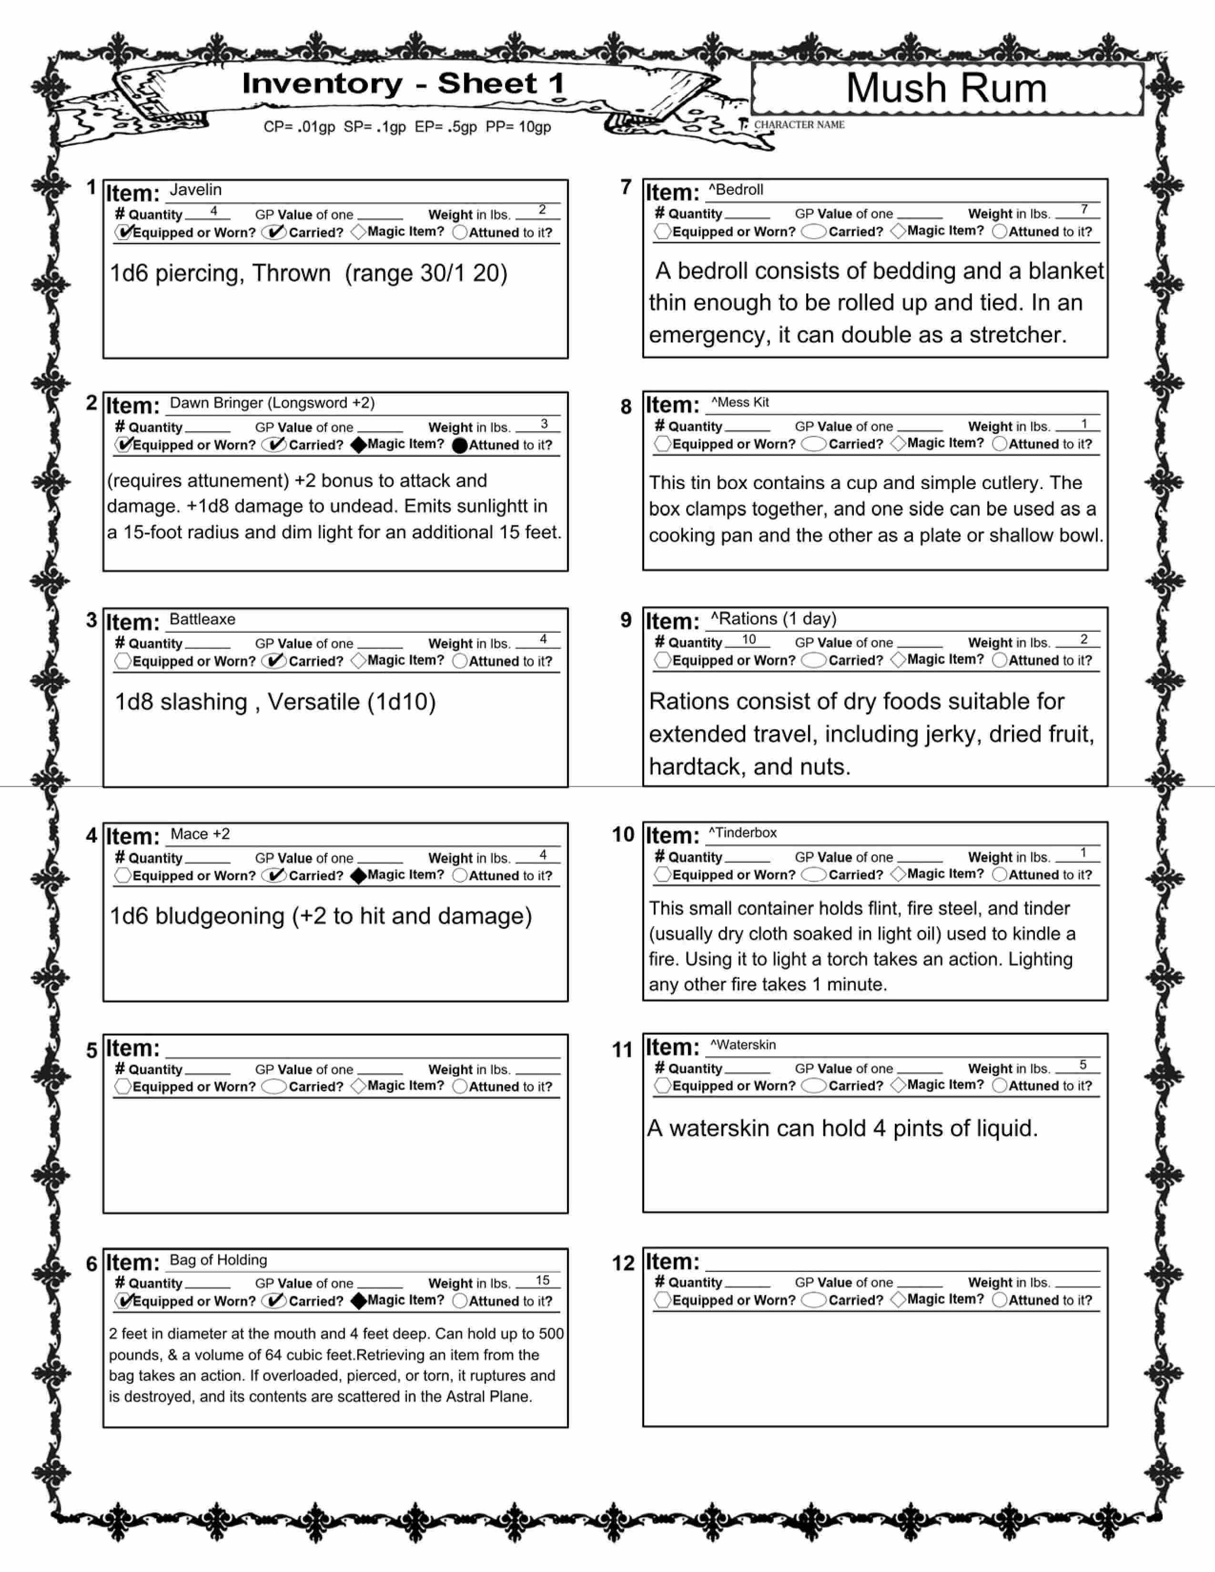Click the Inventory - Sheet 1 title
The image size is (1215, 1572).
point(403,83)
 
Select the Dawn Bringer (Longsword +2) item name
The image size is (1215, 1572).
point(272,403)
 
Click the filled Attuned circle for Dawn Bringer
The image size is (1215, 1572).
point(460,445)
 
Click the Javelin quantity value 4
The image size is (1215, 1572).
point(214,211)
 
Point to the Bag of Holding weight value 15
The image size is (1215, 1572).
point(543,1280)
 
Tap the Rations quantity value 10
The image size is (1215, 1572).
point(749,639)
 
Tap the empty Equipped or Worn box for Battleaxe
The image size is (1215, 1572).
point(123,661)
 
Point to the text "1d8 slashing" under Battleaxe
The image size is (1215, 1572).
point(182,702)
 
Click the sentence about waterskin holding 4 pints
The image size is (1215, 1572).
point(842,1128)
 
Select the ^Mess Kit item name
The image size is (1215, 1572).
point(740,403)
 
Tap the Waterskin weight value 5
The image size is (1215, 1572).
point(1083,1065)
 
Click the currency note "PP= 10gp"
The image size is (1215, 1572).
point(518,127)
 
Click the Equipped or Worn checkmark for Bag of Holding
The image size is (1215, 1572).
point(124,1300)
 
